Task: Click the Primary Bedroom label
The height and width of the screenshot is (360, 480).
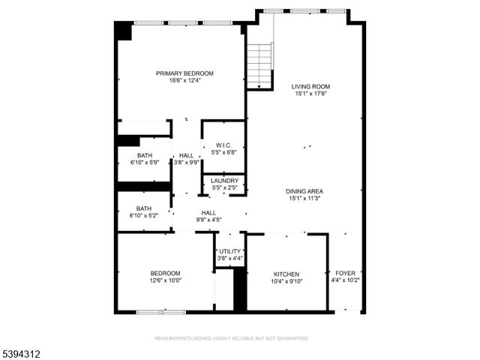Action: [184, 73]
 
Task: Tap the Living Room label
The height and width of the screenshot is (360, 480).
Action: [310, 86]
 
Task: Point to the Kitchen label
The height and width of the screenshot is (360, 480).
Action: [286, 274]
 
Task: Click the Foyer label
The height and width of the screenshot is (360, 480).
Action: [345, 273]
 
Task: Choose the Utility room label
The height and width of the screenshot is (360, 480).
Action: [230, 251]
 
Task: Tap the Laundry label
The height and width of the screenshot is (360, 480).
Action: [224, 181]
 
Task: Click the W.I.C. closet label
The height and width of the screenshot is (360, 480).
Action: [223, 145]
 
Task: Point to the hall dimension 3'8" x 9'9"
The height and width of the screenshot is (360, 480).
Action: [186, 162]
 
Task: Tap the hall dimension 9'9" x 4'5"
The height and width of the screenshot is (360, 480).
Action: [209, 220]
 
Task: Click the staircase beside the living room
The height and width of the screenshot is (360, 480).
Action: [259, 67]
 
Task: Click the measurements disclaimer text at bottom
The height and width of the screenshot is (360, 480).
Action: [231, 338]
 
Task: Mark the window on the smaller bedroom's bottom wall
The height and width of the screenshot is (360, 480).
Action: [161, 311]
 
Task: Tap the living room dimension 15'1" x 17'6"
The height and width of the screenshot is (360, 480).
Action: [310, 94]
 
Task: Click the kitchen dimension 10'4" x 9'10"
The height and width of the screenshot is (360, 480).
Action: [286, 281]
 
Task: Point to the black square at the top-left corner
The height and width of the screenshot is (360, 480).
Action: [123, 31]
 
